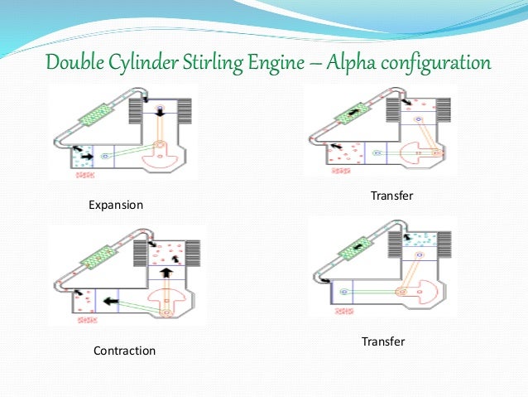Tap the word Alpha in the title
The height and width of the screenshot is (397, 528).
pyautogui.click(x=358, y=63)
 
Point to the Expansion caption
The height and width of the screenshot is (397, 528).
pyautogui.click(x=116, y=205)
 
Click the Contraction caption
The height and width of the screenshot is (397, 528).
pyautogui.click(x=124, y=351)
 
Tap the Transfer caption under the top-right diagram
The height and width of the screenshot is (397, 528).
pyautogui.click(x=392, y=196)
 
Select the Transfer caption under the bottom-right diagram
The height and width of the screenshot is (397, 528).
pyautogui.click(x=383, y=341)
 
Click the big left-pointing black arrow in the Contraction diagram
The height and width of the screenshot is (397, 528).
pyautogui.click(x=108, y=300)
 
